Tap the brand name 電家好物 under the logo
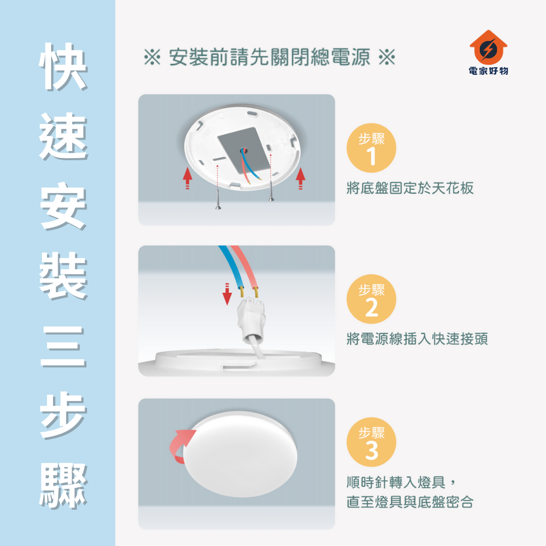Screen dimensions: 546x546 (x=488, y=71)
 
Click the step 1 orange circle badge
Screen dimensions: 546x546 (x=371, y=148)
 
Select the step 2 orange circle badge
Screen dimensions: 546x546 (x=371, y=299)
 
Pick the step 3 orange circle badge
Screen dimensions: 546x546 (x=371, y=442)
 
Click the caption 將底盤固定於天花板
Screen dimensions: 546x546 (x=410, y=188)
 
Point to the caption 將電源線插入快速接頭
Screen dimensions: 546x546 (x=417, y=339)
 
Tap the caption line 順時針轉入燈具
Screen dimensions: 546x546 (x=396, y=482)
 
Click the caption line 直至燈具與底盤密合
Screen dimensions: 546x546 (x=410, y=502)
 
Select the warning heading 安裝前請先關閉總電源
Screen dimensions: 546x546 (x=269, y=57)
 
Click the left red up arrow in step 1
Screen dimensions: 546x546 (x=188, y=178)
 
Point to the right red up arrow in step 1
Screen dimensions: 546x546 (x=300, y=178)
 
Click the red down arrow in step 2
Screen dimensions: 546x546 (x=227, y=294)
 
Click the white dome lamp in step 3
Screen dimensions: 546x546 (x=240, y=454)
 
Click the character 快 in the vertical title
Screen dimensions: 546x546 (x=63, y=67)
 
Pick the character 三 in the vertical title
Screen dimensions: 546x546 (x=63, y=347)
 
